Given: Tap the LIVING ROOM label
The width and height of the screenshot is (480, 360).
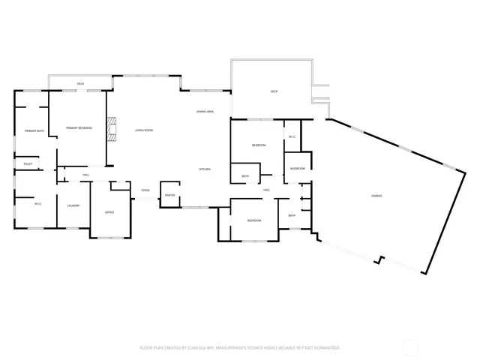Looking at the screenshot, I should pyautogui.click(x=144, y=130).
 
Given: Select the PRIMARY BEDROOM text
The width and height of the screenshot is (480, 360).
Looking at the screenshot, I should pyautogui.click(x=79, y=128).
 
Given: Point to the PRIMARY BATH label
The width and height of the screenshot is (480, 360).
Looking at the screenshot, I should pyautogui.click(x=34, y=131).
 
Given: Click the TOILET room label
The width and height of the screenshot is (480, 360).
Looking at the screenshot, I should pyautogui.click(x=28, y=163).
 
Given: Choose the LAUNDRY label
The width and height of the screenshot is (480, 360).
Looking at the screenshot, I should pyautogui.click(x=73, y=205).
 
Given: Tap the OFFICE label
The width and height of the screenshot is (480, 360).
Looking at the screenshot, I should pyautogui.click(x=109, y=212).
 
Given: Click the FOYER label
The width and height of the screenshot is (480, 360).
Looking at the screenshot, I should pyautogui.click(x=145, y=190).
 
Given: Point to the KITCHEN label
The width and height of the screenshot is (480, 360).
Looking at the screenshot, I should pyautogui.click(x=204, y=169).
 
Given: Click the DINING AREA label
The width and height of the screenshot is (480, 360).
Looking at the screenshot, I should pyautogui.click(x=205, y=112).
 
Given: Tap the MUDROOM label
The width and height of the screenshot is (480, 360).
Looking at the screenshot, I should pyautogui.click(x=298, y=169).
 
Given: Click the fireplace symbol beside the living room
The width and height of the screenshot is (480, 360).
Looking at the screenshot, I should pyautogui.click(x=112, y=128).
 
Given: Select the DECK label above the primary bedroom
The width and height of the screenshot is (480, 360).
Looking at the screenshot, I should pyautogui.click(x=80, y=83).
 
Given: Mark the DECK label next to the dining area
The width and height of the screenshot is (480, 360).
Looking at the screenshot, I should pyautogui.click(x=274, y=91).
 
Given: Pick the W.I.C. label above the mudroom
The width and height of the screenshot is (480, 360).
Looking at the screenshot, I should pyautogui.click(x=292, y=136).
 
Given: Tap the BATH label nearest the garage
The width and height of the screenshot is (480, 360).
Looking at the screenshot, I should pyautogui.click(x=292, y=216).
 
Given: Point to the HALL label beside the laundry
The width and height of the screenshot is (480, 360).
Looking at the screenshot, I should pyautogui.click(x=86, y=175).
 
